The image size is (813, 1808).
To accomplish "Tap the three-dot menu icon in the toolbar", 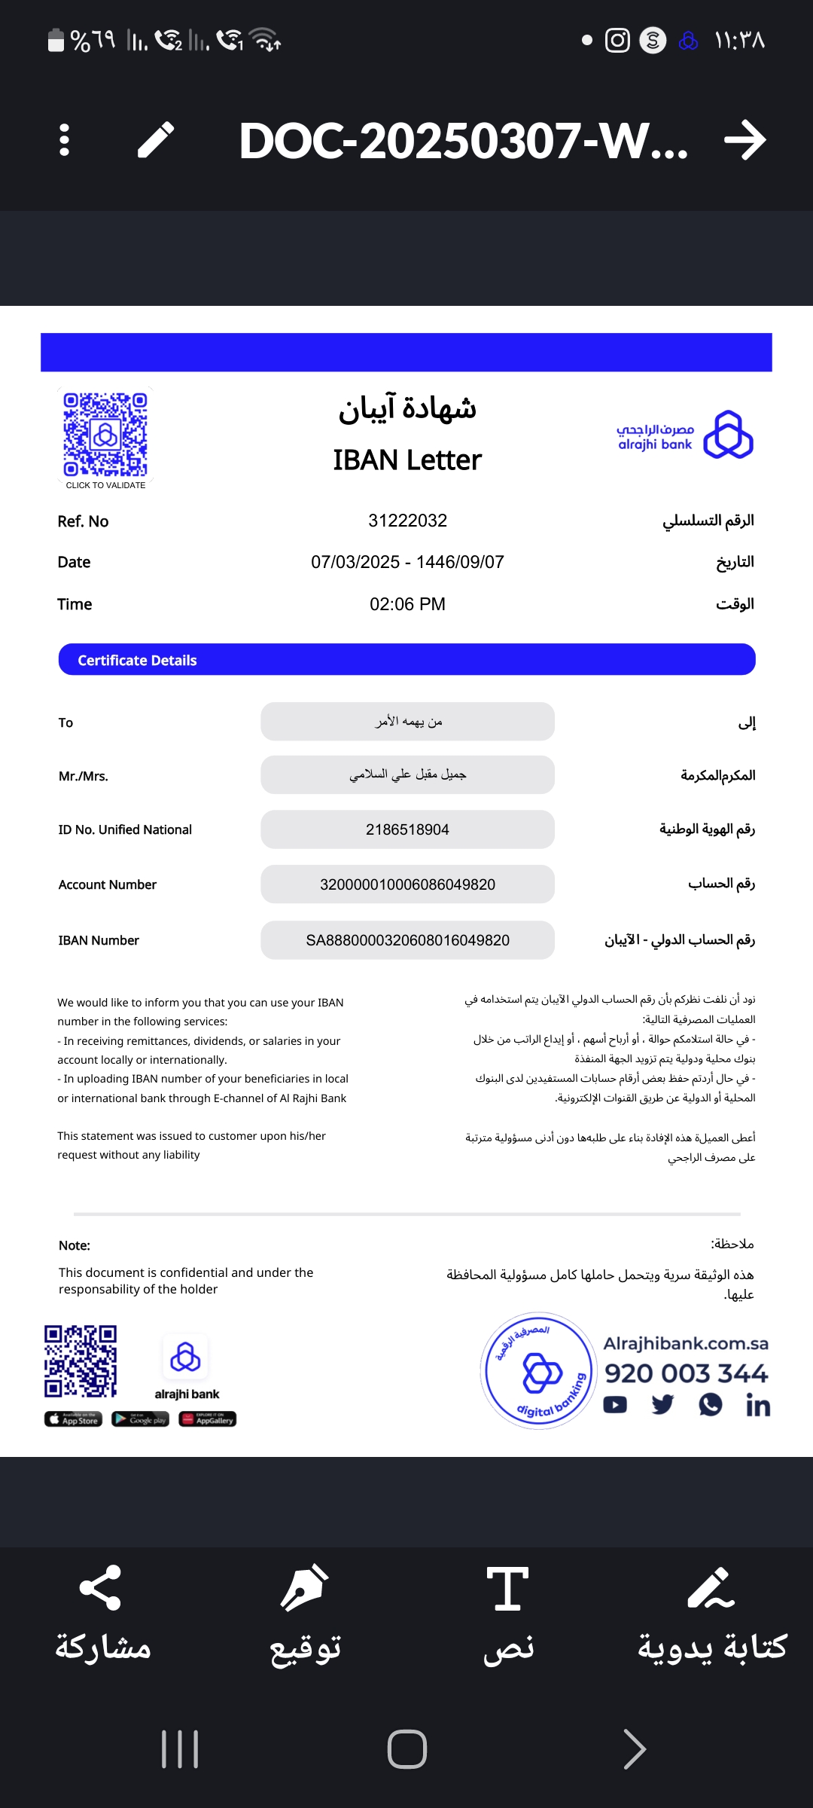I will tap(64, 140).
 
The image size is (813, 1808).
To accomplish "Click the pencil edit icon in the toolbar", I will tap(156, 140).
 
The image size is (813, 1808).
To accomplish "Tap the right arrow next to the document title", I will tap(744, 140).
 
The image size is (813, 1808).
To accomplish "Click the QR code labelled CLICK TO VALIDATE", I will tap(105, 435).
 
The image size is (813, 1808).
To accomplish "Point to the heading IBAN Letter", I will tap(407, 460).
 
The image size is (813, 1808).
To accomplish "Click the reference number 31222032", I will tap(407, 521).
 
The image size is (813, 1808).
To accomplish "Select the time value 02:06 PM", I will tap(407, 604).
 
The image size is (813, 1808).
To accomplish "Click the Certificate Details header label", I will tap(137, 661).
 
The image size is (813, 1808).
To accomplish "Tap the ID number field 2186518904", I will tap(407, 829).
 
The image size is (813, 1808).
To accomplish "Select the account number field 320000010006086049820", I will tap(407, 884).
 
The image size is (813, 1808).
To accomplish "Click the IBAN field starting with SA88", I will tap(407, 940).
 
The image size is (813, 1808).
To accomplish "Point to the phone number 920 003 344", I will tap(686, 1373).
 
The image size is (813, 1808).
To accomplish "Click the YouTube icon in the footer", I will tap(615, 1405).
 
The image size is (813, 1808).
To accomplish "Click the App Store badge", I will tap(73, 1419).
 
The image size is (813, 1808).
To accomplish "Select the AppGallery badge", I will tap(208, 1419).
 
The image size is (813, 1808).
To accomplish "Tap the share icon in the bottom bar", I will tap(100, 1588).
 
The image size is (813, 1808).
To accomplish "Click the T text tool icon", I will tap(507, 1588).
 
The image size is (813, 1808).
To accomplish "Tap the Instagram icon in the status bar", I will tap(617, 40).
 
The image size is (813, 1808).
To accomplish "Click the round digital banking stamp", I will tap(538, 1371).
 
